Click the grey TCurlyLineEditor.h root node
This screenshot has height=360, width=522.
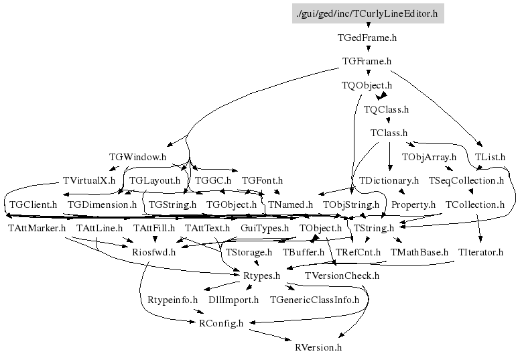click(368, 13)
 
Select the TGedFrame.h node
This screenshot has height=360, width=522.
click(367, 38)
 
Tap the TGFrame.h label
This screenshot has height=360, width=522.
click(367, 62)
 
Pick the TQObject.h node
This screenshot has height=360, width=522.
click(367, 86)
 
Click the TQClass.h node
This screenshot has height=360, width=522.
click(386, 109)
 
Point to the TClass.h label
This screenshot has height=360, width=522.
click(389, 133)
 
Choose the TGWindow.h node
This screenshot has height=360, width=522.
click(137, 157)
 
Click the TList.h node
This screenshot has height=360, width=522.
click(490, 157)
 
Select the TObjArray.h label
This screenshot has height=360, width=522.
click(429, 157)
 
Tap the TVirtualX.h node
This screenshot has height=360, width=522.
click(88, 181)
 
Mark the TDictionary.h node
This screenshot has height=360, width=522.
click(389, 181)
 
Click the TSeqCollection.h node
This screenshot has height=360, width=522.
click(466, 181)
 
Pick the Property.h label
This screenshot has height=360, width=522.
click(413, 204)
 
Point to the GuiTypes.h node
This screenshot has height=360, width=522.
click(264, 229)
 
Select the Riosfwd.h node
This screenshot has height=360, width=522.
click(153, 253)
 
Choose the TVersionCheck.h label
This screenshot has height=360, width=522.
click(342, 276)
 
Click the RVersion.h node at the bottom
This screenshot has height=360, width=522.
click(318, 347)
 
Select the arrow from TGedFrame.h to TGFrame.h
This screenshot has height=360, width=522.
click(367, 50)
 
